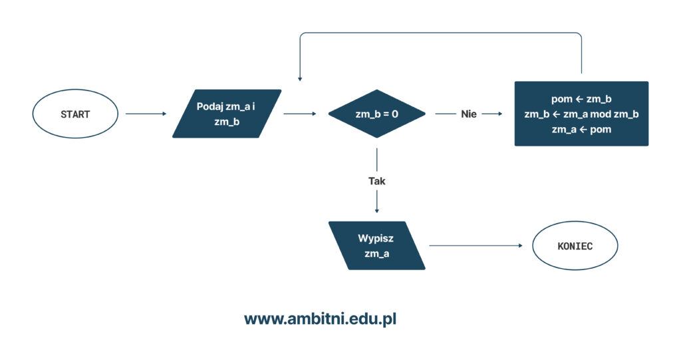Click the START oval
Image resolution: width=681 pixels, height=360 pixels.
pos(75,114)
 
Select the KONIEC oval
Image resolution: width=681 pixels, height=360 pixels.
pos(575,246)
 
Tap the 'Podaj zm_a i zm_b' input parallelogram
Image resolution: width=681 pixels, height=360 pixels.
pos(227,114)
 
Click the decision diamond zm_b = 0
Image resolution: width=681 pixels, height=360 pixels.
pos(376,114)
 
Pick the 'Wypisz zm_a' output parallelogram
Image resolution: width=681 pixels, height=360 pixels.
pos(376,246)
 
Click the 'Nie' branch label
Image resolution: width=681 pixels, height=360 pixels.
pos(469,114)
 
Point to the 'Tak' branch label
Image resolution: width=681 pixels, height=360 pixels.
pos(376,181)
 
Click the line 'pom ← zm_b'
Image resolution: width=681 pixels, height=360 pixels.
pos(581,99)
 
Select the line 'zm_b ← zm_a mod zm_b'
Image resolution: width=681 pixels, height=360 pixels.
pos(581,114)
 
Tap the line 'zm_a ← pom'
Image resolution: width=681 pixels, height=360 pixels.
pos(581,130)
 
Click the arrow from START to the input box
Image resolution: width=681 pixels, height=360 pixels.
pos(146,114)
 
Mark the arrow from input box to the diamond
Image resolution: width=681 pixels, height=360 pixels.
pos(300,114)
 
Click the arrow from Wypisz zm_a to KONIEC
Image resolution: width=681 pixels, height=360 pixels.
pos(476,246)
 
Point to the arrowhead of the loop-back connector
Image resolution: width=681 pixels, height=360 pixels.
pos(300,79)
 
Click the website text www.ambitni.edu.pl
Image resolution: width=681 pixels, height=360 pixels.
pos(320,319)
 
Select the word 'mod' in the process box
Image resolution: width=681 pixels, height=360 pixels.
pos(601,114)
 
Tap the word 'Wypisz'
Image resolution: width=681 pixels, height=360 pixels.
pos(376,238)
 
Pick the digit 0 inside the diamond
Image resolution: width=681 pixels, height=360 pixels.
pos(395,114)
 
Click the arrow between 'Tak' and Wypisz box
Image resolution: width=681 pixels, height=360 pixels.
pos(376,202)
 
